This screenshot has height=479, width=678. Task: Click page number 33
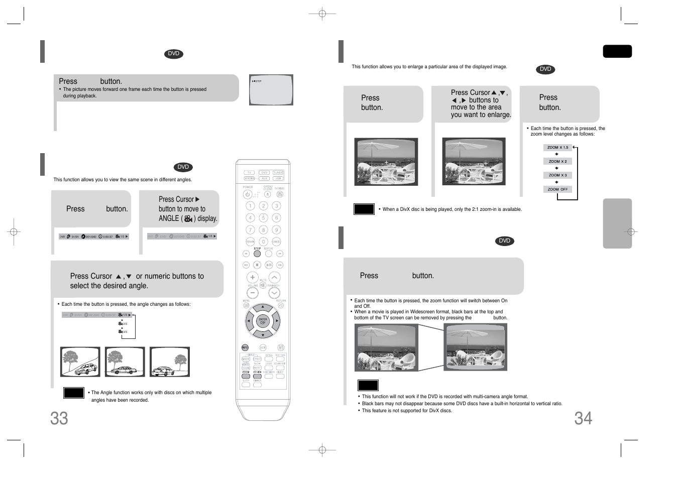point(59,418)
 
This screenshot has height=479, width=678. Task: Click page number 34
point(583,418)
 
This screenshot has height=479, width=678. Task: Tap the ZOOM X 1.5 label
point(557,148)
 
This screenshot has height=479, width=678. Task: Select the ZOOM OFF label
point(557,189)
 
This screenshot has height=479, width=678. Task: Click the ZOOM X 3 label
point(557,175)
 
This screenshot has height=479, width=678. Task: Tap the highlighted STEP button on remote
point(257,254)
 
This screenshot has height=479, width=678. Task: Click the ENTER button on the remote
point(263,320)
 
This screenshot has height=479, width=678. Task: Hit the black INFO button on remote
point(245,347)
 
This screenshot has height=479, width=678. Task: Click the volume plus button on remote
point(252,277)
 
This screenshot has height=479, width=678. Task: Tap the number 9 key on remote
point(276,230)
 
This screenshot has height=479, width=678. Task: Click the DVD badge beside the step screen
point(173,54)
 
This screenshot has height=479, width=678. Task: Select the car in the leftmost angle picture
point(86,369)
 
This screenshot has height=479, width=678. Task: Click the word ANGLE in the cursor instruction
point(169,218)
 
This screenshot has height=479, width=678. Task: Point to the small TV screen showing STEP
point(271,90)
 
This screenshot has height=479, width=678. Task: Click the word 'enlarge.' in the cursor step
point(499,114)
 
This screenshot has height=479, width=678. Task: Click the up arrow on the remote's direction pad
point(263,307)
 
